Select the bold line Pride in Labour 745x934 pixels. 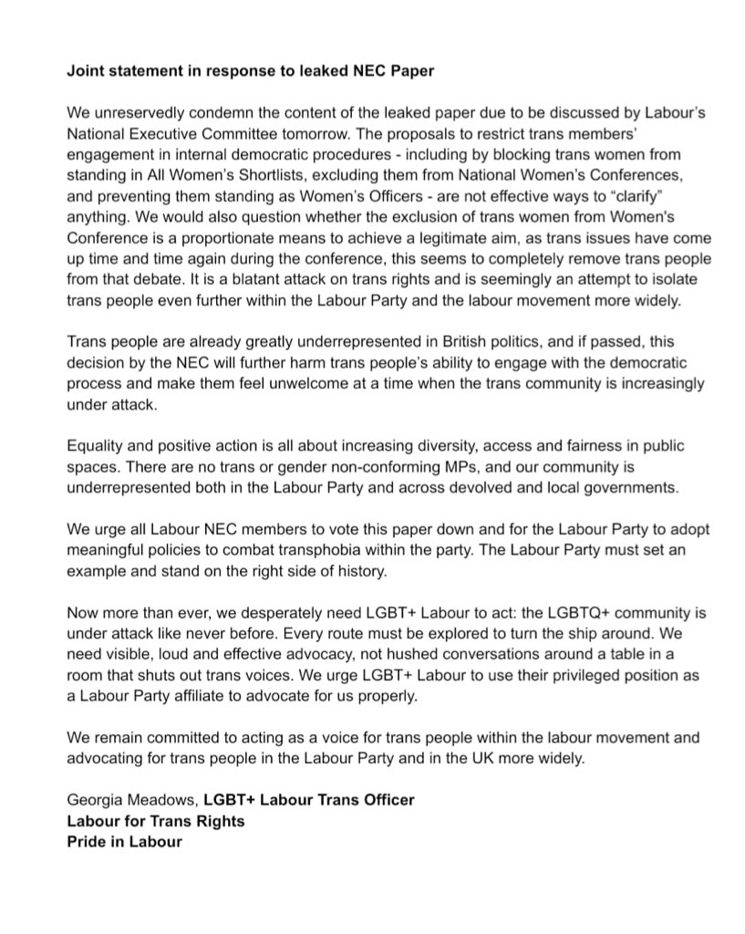pos(124,842)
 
